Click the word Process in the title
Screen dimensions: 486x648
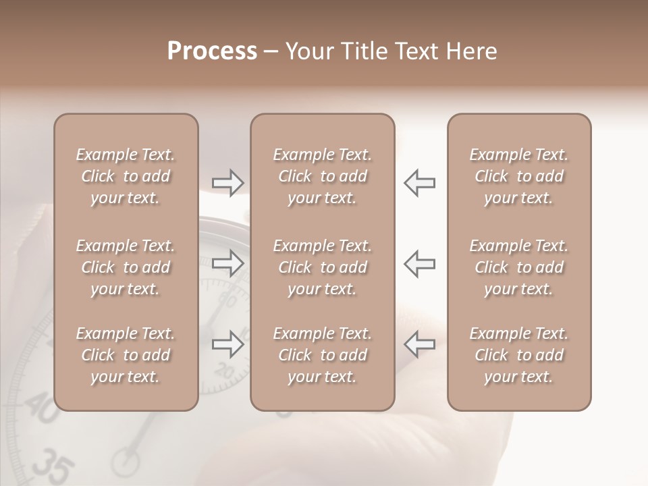pyautogui.click(x=212, y=51)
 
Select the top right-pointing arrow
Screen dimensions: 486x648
pyautogui.click(x=228, y=183)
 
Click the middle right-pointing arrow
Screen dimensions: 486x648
pyautogui.click(x=228, y=263)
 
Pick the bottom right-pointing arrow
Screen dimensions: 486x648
pyautogui.click(x=228, y=344)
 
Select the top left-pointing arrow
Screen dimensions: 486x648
pyautogui.click(x=419, y=183)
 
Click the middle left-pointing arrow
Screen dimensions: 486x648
pyautogui.click(x=419, y=263)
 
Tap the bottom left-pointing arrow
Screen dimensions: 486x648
pyautogui.click(x=419, y=344)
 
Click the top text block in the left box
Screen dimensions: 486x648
pyautogui.click(x=126, y=176)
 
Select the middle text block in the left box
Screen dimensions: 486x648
pyautogui.click(x=126, y=267)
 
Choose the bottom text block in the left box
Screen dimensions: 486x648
pyautogui.click(x=126, y=355)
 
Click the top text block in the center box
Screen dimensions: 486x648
pyautogui.click(x=322, y=176)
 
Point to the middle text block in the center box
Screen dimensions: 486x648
pyautogui.click(x=322, y=267)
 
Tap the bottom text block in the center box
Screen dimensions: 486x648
pyautogui.click(x=322, y=355)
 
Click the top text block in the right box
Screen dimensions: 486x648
pyautogui.click(x=518, y=176)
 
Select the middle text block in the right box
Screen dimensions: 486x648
pyautogui.click(x=518, y=267)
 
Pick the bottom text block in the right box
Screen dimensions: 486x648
pyautogui.click(x=518, y=355)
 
